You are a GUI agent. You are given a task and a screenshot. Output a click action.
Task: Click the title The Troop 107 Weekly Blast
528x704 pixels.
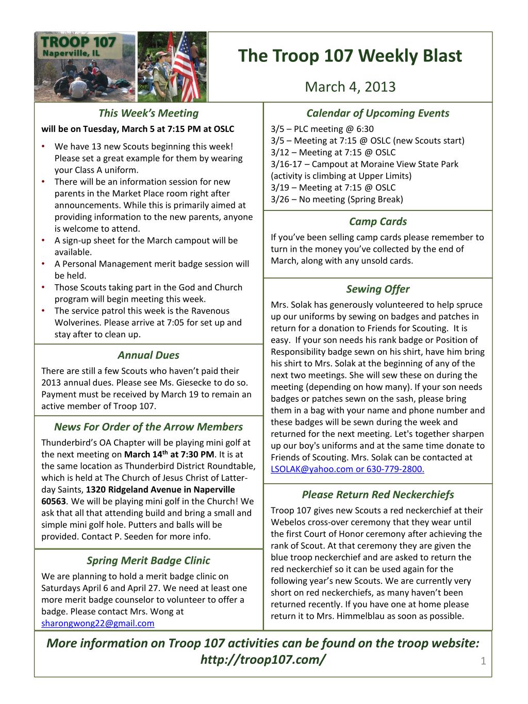click(x=350, y=56)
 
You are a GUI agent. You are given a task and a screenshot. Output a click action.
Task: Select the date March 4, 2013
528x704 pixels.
click(x=350, y=86)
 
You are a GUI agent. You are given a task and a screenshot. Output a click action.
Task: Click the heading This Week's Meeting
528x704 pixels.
click(x=148, y=113)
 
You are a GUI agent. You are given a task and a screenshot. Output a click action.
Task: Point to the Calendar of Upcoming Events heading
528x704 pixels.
click(x=377, y=113)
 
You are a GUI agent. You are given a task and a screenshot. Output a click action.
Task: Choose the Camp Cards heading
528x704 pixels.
click(x=377, y=221)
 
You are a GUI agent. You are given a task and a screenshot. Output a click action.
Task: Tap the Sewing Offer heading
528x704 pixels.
click(x=377, y=289)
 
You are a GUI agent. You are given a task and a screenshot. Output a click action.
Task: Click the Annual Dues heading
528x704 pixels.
click(x=148, y=355)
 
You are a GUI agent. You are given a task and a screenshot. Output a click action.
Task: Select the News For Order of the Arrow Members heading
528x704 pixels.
click(x=148, y=427)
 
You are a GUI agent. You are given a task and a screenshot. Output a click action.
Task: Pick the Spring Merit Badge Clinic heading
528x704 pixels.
click(x=148, y=560)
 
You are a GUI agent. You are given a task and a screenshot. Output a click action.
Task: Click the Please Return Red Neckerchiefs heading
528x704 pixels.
click(x=377, y=495)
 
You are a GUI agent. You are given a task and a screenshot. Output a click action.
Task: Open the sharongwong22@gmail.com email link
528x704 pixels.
click(x=97, y=623)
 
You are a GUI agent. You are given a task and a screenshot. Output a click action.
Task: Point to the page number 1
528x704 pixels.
click(x=483, y=661)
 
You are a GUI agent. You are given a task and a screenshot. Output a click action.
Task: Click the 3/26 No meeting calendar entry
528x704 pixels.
click(x=337, y=199)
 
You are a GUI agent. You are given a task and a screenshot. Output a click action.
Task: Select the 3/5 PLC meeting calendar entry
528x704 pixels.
click(x=322, y=129)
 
